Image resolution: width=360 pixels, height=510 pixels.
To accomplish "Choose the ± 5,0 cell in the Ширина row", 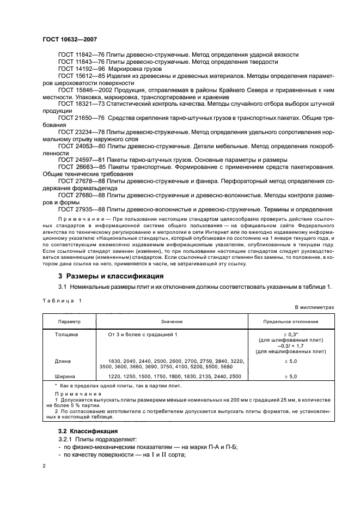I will pyautogui.click(x=290, y=377).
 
